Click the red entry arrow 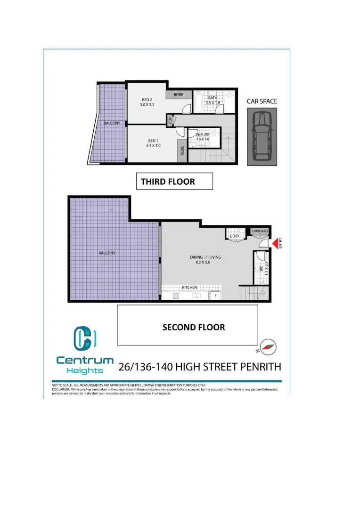[275, 243]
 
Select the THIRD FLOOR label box [174, 181]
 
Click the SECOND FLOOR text [194, 327]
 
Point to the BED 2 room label [147, 99]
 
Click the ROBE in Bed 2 [178, 95]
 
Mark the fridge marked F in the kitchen [215, 296]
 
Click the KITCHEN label [189, 287]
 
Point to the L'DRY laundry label [235, 236]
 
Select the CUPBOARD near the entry [260, 231]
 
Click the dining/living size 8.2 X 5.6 [205, 263]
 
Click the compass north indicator [268, 348]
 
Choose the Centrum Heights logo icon [85, 339]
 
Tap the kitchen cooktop [176, 296]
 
